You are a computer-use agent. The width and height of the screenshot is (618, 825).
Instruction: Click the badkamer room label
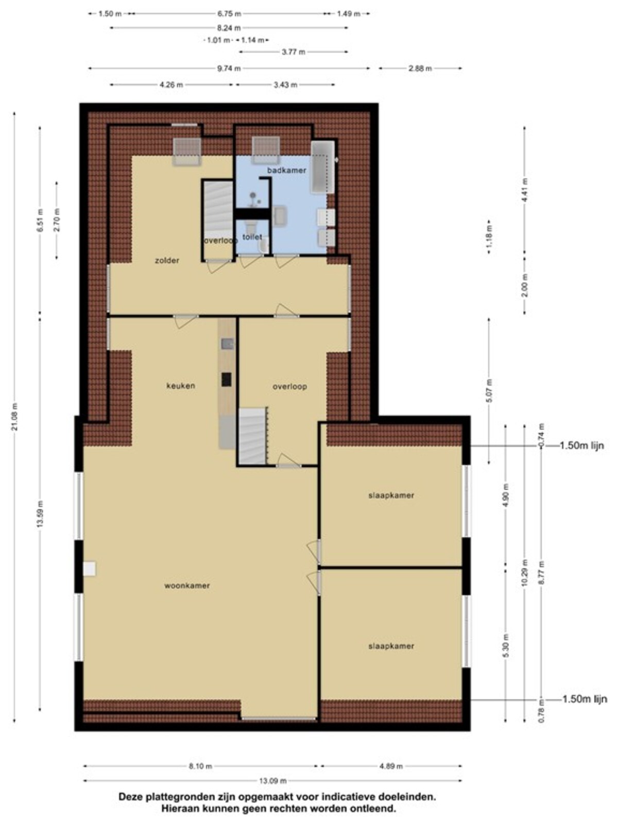[286, 170]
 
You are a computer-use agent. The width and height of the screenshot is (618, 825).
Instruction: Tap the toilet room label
[252, 237]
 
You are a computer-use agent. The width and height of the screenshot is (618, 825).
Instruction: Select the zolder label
[167, 260]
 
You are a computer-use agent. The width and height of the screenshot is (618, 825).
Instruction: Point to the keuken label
[181, 386]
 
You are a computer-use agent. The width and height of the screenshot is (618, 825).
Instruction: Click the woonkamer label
[187, 585]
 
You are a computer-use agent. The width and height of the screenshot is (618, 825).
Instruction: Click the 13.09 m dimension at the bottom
[273, 781]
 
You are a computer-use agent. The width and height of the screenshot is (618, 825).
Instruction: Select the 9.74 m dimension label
[229, 69]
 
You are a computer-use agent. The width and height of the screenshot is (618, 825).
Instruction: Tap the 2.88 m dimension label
[420, 69]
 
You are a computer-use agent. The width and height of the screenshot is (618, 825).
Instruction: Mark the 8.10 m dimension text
[200, 766]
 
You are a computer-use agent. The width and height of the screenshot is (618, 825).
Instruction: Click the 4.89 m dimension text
[391, 766]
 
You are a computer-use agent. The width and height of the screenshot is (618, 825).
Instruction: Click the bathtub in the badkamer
[323, 167]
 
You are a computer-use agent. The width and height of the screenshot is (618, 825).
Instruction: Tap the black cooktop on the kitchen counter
[226, 379]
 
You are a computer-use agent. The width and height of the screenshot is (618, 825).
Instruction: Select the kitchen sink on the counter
[227, 343]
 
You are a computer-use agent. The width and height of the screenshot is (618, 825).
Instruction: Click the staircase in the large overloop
[253, 436]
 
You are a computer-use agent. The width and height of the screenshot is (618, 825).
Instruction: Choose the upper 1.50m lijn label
[581, 446]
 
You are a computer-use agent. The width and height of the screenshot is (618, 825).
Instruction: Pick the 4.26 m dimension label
[171, 85]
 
